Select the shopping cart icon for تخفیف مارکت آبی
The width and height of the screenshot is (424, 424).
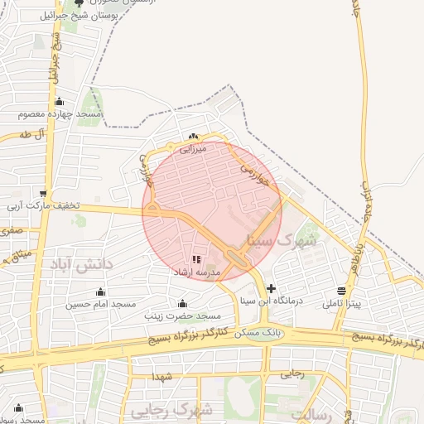(x=44, y=193)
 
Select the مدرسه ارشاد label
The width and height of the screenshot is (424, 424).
(x=196, y=272)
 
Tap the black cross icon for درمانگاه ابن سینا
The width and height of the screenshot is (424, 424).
(x=271, y=287)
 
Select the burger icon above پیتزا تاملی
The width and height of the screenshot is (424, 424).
(x=341, y=291)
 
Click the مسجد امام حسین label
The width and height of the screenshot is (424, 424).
(x=100, y=304)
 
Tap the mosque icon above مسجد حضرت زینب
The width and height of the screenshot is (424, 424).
(x=183, y=303)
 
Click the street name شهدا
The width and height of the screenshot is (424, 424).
(x=162, y=377)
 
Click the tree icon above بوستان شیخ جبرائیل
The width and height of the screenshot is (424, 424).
(x=79, y=3)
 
